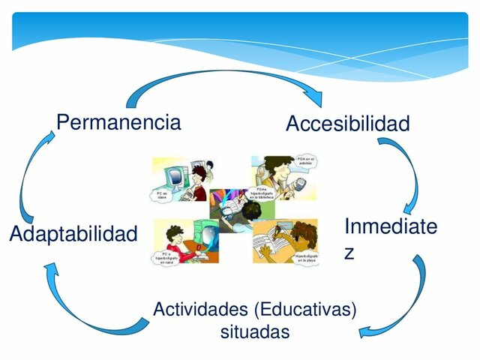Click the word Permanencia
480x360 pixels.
(118, 121)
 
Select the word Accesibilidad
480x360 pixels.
(347, 124)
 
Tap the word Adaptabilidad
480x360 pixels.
(73, 234)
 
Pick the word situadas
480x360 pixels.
(254, 331)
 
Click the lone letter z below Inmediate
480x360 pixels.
(349, 253)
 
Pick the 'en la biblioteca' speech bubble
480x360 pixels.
(268, 194)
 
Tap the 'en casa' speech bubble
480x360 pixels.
(166, 256)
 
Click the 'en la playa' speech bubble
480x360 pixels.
(307, 257)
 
